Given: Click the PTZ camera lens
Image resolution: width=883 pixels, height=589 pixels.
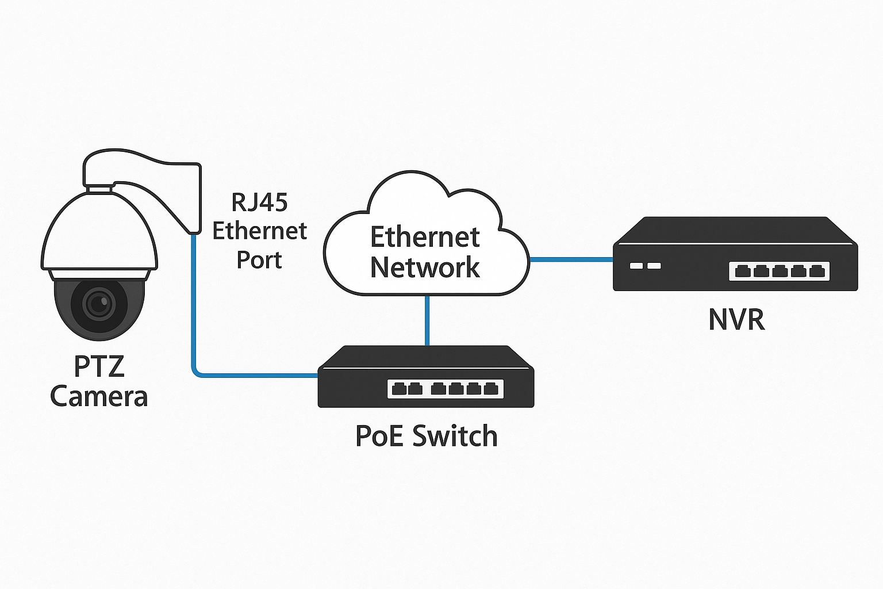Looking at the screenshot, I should pos(99,304).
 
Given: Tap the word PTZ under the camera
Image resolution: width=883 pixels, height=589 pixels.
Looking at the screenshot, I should pos(99,366).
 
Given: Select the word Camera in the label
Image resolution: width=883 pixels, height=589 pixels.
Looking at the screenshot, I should pos(99,397).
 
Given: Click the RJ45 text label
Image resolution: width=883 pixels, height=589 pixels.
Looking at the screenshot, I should pos(259,202).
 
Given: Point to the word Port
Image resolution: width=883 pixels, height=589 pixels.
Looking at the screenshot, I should pos(259,260).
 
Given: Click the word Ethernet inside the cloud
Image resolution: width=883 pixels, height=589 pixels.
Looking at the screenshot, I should pos(425,237).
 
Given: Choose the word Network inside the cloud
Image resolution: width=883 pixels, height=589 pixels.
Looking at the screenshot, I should pos(425,267).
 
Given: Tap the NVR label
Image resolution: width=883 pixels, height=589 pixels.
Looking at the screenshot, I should pos(736,320).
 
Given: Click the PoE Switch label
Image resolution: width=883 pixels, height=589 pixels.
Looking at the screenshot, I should pos(426,436).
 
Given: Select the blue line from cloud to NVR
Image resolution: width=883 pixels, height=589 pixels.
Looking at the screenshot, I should pos(571,259).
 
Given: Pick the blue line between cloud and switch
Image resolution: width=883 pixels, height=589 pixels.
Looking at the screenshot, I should pos(427,320).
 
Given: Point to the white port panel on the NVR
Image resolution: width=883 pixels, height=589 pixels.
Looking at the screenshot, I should pos(779,271).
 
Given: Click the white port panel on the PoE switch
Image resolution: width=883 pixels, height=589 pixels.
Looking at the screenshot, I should pos(446,389).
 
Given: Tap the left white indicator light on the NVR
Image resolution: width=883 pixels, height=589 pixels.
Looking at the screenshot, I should pos(636,266).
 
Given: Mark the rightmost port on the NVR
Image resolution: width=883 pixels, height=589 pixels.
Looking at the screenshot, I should pos(817,271).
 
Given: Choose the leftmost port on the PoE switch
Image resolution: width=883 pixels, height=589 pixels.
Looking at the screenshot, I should pos(398,389).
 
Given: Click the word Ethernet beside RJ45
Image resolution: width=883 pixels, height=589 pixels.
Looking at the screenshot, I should pos(259,231).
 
